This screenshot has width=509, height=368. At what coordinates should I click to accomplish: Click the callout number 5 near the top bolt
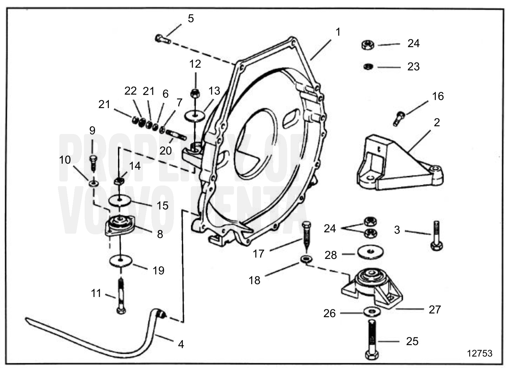coord(191,19)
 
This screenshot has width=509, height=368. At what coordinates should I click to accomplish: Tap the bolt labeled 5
coord(162,39)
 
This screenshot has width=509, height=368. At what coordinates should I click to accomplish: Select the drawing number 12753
coord(479,353)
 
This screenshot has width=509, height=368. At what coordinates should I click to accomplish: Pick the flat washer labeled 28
coord(370,252)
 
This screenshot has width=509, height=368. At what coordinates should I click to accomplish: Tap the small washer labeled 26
coord(371,312)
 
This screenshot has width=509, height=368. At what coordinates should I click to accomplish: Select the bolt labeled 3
coord(437,236)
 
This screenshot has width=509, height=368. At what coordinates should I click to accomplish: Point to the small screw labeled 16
coord(399,118)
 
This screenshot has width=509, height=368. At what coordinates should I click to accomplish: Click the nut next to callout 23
coord(368,67)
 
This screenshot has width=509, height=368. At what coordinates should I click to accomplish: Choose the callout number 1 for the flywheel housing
coord(338,32)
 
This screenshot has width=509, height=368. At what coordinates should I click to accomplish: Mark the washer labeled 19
coord(120,261)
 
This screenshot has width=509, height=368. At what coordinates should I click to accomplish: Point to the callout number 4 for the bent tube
coord(181,344)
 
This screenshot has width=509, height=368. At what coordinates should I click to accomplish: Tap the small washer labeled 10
coord(93,183)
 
